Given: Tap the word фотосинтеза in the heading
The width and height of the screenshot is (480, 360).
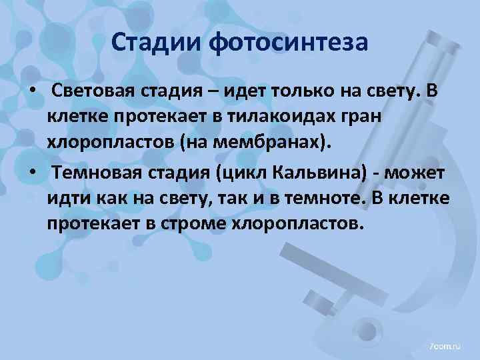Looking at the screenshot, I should click(288, 43).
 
